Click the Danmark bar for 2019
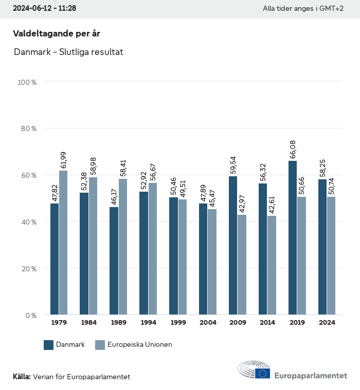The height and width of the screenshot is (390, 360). coord(293,237)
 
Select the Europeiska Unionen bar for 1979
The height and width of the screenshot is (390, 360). coord(63,243)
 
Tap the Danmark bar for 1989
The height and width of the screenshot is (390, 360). coord(114,261)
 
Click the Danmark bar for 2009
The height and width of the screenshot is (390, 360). coord(233,245)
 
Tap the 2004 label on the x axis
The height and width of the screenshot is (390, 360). coord(208,323)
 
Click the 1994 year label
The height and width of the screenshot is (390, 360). coord(148,323)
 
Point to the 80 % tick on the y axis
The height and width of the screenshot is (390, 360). coord(29,128)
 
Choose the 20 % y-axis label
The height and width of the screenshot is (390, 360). coord(29,269)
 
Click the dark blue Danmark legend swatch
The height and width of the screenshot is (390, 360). coord(49,345)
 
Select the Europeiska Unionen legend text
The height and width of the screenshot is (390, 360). coord(139,345)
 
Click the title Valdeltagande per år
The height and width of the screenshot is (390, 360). coord(56,33)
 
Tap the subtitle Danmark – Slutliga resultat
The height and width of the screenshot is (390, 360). coord(68,52)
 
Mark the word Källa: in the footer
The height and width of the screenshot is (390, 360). coord(22,377)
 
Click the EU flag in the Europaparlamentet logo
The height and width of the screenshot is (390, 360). coord(262,373)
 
